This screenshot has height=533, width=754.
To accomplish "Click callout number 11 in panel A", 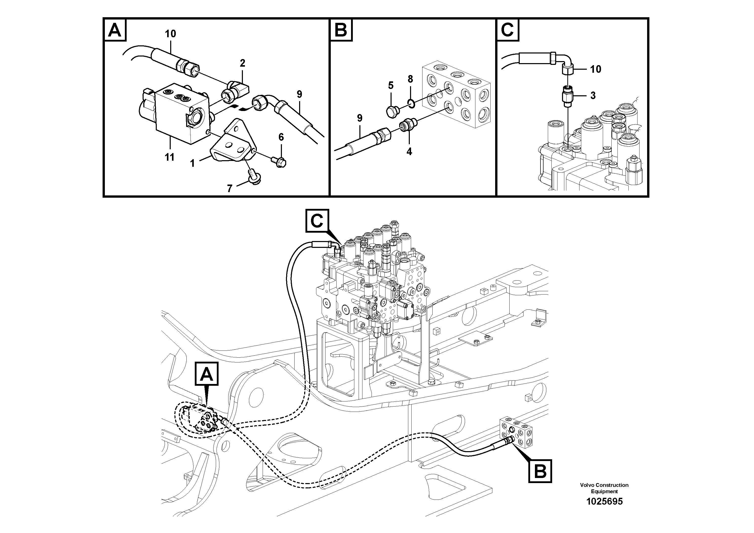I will [x=169, y=157].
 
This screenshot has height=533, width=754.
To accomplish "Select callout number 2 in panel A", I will [x=242, y=63].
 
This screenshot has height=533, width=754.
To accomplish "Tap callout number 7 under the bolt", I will [x=229, y=188].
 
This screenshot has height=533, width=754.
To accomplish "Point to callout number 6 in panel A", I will [x=281, y=137].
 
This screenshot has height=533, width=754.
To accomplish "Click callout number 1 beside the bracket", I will [x=193, y=163].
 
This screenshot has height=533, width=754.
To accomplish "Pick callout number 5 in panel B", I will [x=391, y=86].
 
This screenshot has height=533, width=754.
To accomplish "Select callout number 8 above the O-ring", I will [x=410, y=79].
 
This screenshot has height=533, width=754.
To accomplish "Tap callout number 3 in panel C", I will [x=593, y=96].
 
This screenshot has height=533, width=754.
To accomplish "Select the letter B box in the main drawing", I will [x=540, y=471].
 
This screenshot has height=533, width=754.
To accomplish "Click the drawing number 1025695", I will [x=604, y=502].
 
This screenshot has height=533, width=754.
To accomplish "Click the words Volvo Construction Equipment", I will [x=604, y=488].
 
